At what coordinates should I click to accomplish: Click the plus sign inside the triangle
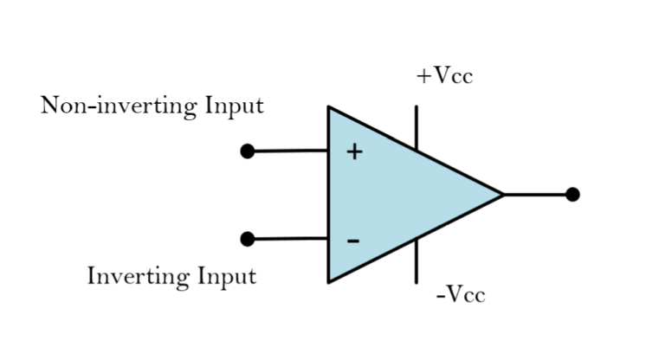click(x=354, y=152)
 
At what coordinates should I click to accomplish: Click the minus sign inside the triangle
click(x=353, y=240)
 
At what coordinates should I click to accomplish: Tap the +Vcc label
click(x=444, y=76)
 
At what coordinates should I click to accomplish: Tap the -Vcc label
click(x=461, y=295)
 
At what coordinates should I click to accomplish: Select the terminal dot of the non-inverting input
click(x=248, y=151)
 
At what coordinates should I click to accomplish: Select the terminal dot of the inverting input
click(x=248, y=239)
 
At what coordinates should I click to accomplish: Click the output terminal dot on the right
click(x=572, y=194)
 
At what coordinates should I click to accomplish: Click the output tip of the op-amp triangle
click(x=501, y=194)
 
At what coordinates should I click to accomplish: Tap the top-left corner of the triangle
click(x=330, y=109)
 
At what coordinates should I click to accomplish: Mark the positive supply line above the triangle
click(x=416, y=126)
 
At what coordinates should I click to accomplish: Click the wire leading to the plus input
click(x=290, y=151)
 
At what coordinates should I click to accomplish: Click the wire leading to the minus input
click(x=290, y=238)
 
